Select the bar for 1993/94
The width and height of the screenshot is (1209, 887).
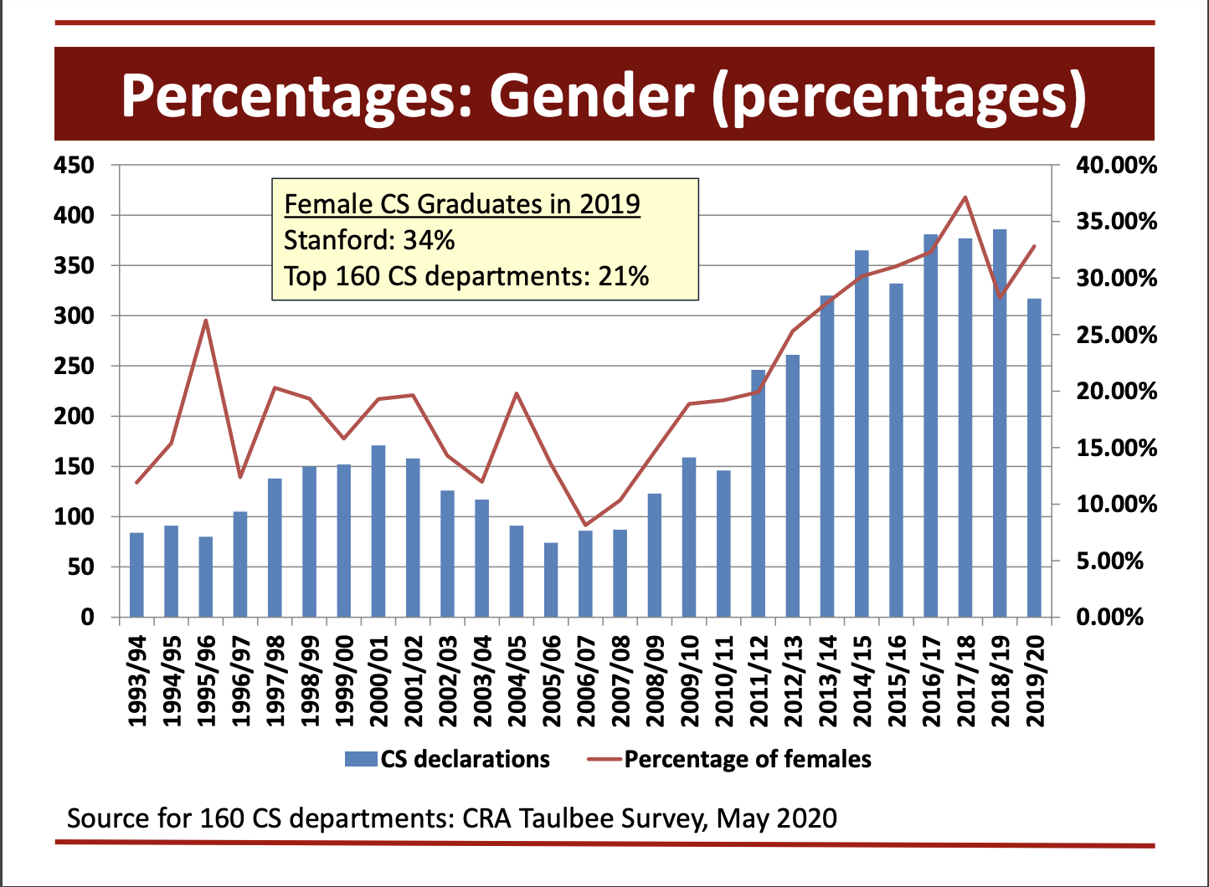coord(136,575)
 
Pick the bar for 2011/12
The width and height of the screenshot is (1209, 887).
coord(759,493)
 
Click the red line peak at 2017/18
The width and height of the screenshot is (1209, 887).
coord(965,197)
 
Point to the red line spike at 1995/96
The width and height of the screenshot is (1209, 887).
coord(206,320)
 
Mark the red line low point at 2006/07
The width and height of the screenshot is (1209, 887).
coord(585,525)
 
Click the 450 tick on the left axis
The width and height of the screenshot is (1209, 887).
coord(74,166)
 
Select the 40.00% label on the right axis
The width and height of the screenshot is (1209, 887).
coord(1115,166)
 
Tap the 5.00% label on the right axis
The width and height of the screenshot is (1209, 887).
coord(1109,561)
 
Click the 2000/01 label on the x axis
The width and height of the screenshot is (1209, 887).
coord(378,679)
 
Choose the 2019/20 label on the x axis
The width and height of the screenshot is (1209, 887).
coord(1035,679)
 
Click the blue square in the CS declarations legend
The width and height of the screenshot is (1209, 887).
coord(361,759)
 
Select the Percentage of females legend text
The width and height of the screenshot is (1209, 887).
coord(747,759)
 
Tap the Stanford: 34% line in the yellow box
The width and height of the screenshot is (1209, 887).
coord(369,240)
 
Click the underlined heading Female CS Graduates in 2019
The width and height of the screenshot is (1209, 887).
coord(462,203)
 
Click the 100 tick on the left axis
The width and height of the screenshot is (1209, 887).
coord(74,517)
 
